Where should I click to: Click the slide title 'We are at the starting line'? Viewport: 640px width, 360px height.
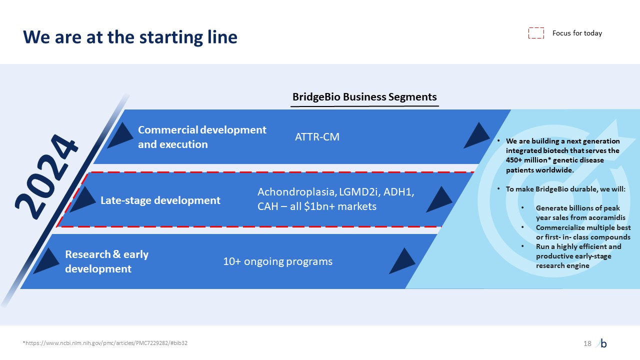tap(130, 37)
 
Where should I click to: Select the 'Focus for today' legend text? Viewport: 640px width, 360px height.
tap(577, 33)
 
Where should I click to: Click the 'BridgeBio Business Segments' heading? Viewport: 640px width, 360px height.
tap(364, 97)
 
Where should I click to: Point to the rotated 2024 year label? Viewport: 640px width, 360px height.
tap(46, 176)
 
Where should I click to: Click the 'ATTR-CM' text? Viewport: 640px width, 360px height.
tap(317, 137)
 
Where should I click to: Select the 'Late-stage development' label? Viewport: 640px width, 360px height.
tap(160, 200)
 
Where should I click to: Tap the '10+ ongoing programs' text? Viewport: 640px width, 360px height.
tap(277, 261)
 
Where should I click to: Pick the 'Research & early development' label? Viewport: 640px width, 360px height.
tap(107, 261)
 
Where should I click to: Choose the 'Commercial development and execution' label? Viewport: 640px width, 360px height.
tap(202, 137)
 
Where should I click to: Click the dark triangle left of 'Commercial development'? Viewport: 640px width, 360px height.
tap(120, 135)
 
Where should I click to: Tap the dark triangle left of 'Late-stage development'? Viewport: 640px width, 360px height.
tap(83, 199)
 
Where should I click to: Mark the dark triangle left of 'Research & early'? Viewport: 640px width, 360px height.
tap(46, 261)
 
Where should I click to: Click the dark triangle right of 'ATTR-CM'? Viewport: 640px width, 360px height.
tap(476, 135)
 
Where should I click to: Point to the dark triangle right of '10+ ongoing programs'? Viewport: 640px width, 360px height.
tap(402, 261)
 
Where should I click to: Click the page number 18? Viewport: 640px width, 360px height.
tap(587, 343)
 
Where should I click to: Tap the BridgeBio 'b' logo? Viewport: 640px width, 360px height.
tap(602, 343)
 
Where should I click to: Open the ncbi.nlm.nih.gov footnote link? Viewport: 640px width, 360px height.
tap(105, 343)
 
